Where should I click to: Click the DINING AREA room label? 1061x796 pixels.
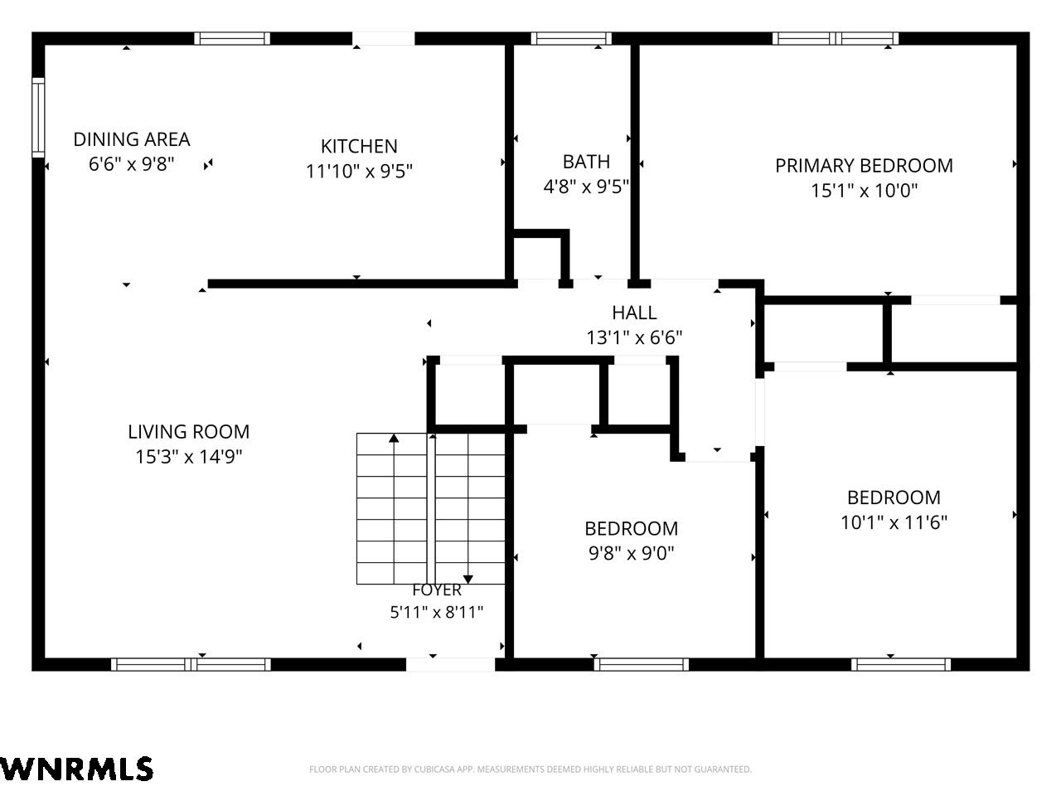pos(132,139)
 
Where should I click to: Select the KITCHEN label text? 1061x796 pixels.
pos(359,146)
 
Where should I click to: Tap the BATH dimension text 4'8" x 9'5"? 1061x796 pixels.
pos(586,186)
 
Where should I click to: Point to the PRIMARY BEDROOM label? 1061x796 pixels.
pos(864,165)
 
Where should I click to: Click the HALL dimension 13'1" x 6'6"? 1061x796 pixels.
pos(634,337)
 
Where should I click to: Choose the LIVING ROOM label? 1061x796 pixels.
pos(188,431)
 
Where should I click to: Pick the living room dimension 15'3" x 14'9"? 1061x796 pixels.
pos(188,456)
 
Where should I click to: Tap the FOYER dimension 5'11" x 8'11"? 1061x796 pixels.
pos(437,612)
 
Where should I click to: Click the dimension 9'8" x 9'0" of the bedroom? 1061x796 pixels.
pos(632,553)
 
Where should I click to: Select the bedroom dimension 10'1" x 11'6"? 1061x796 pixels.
pos(894,522)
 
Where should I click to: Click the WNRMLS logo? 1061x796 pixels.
pos(76,769)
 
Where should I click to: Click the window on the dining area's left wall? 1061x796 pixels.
pos(38,118)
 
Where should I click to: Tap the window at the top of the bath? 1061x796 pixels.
pos(571,38)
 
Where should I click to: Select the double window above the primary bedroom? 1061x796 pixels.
pos(836,38)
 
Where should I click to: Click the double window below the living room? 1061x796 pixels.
pos(191,664)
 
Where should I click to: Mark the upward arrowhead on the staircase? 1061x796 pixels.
pos(394,438)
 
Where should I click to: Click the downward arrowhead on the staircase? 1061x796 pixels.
pos(468,580)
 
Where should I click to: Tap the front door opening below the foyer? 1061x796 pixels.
pos(450,664)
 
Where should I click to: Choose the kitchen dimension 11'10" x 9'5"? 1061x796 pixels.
pos(359,171)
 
